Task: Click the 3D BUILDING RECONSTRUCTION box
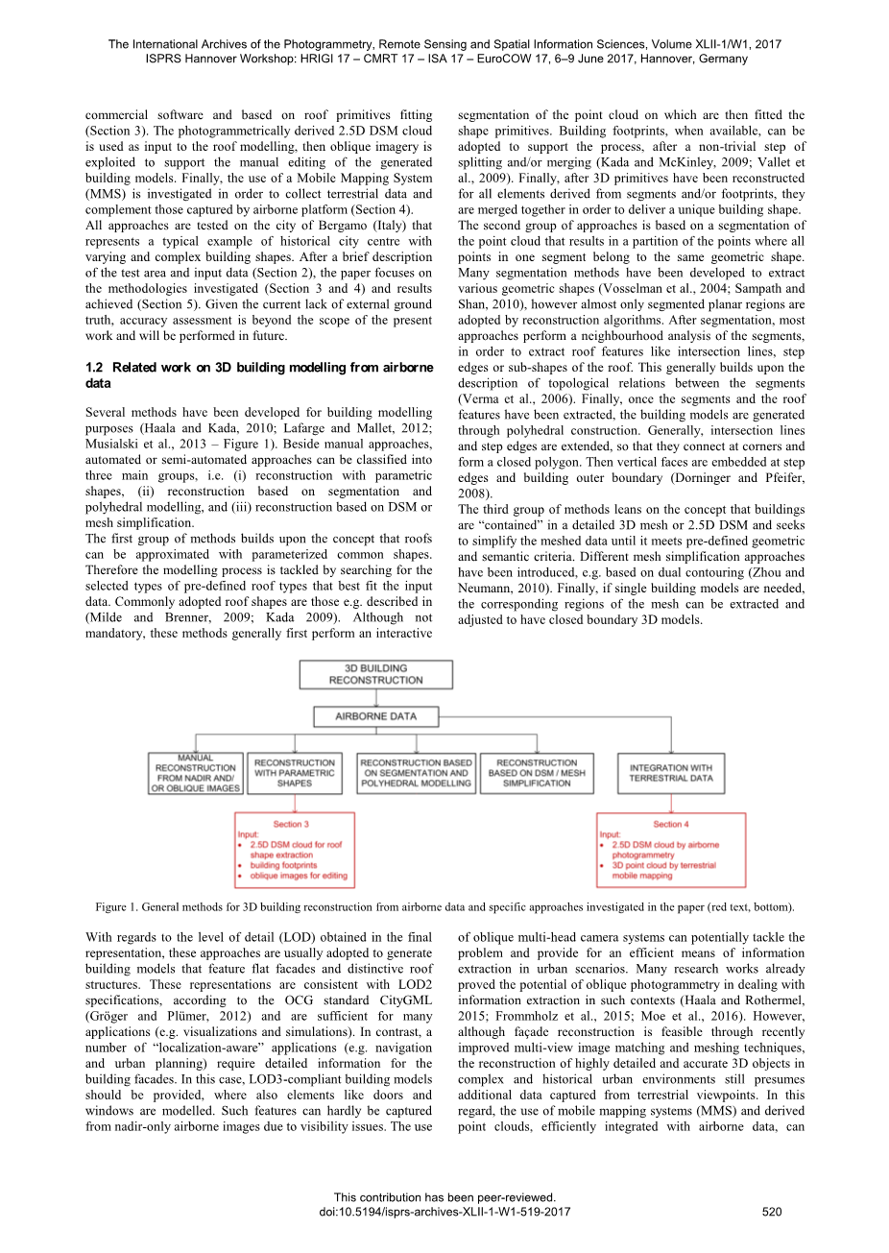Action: (x=375, y=674)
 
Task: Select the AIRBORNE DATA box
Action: (x=375, y=716)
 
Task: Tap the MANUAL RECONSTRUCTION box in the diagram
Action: (x=196, y=773)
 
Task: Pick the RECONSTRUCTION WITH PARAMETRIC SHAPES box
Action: (x=295, y=773)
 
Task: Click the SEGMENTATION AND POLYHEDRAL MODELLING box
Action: (x=416, y=773)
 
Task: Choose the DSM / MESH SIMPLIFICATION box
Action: (x=537, y=773)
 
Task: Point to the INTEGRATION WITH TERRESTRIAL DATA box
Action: (x=671, y=773)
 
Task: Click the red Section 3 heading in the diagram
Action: (x=291, y=824)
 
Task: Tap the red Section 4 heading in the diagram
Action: (x=670, y=824)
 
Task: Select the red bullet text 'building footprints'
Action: (x=283, y=865)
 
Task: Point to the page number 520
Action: (x=772, y=1212)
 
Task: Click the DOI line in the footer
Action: (x=444, y=1212)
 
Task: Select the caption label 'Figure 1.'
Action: (x=118, y=907)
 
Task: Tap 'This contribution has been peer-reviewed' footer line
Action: (x=444, y=1197)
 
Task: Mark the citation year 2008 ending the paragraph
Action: (x=472, y=494)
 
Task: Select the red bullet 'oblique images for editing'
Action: (x=299, y=876)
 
